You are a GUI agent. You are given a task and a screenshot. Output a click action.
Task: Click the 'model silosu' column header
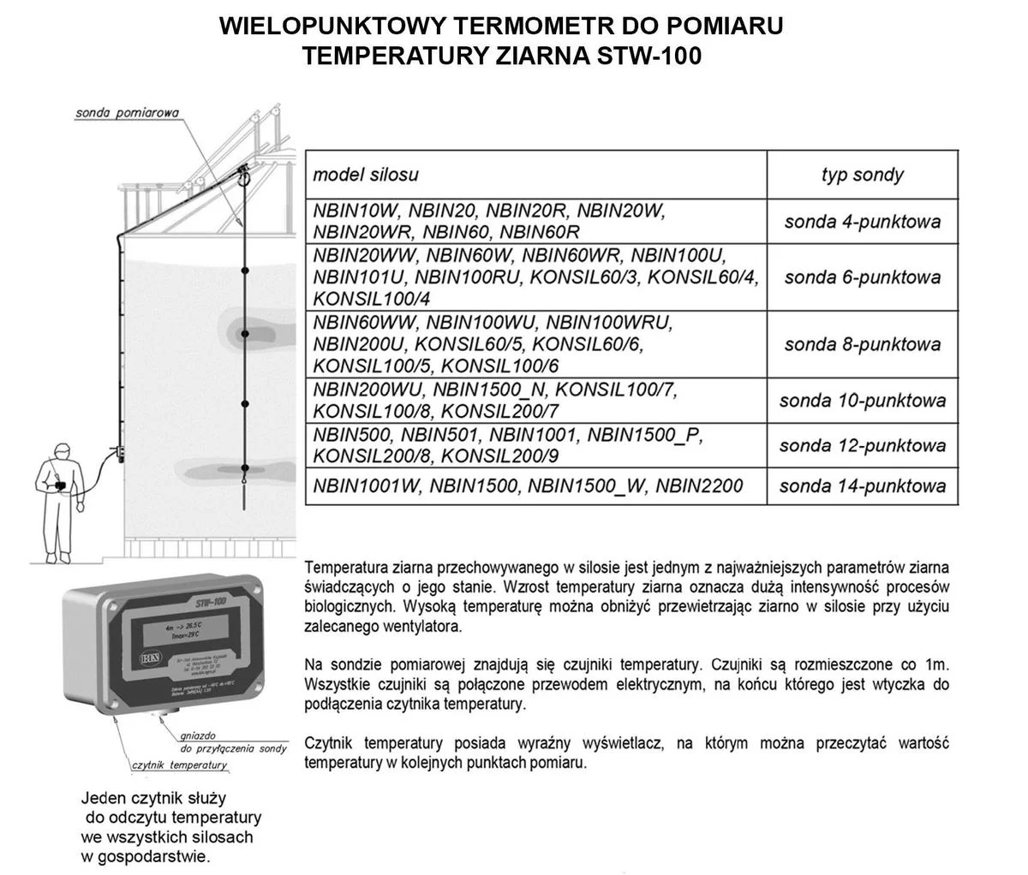click(366, 175)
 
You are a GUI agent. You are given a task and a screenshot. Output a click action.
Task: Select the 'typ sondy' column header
click(862, 175)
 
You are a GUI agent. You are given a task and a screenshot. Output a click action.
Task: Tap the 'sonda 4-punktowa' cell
click(862, 222)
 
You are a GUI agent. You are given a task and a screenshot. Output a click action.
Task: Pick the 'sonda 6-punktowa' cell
click(862, 277)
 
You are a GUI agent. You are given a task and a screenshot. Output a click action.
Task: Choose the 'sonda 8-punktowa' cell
click(862, 344)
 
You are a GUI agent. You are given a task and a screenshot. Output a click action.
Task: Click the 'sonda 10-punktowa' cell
click(862, 400)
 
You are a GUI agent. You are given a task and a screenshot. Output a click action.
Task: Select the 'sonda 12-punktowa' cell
click(862, 445)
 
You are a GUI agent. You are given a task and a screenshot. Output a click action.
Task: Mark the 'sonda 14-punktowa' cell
click(862, 486)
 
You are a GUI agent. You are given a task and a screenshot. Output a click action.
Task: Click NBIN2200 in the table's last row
click(700, 486)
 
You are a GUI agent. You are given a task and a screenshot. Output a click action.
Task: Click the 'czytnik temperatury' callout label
click(179, 765)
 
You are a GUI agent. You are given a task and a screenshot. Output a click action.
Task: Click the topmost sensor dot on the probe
click(245, 271)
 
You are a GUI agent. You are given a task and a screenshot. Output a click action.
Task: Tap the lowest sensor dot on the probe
click(245, 467)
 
